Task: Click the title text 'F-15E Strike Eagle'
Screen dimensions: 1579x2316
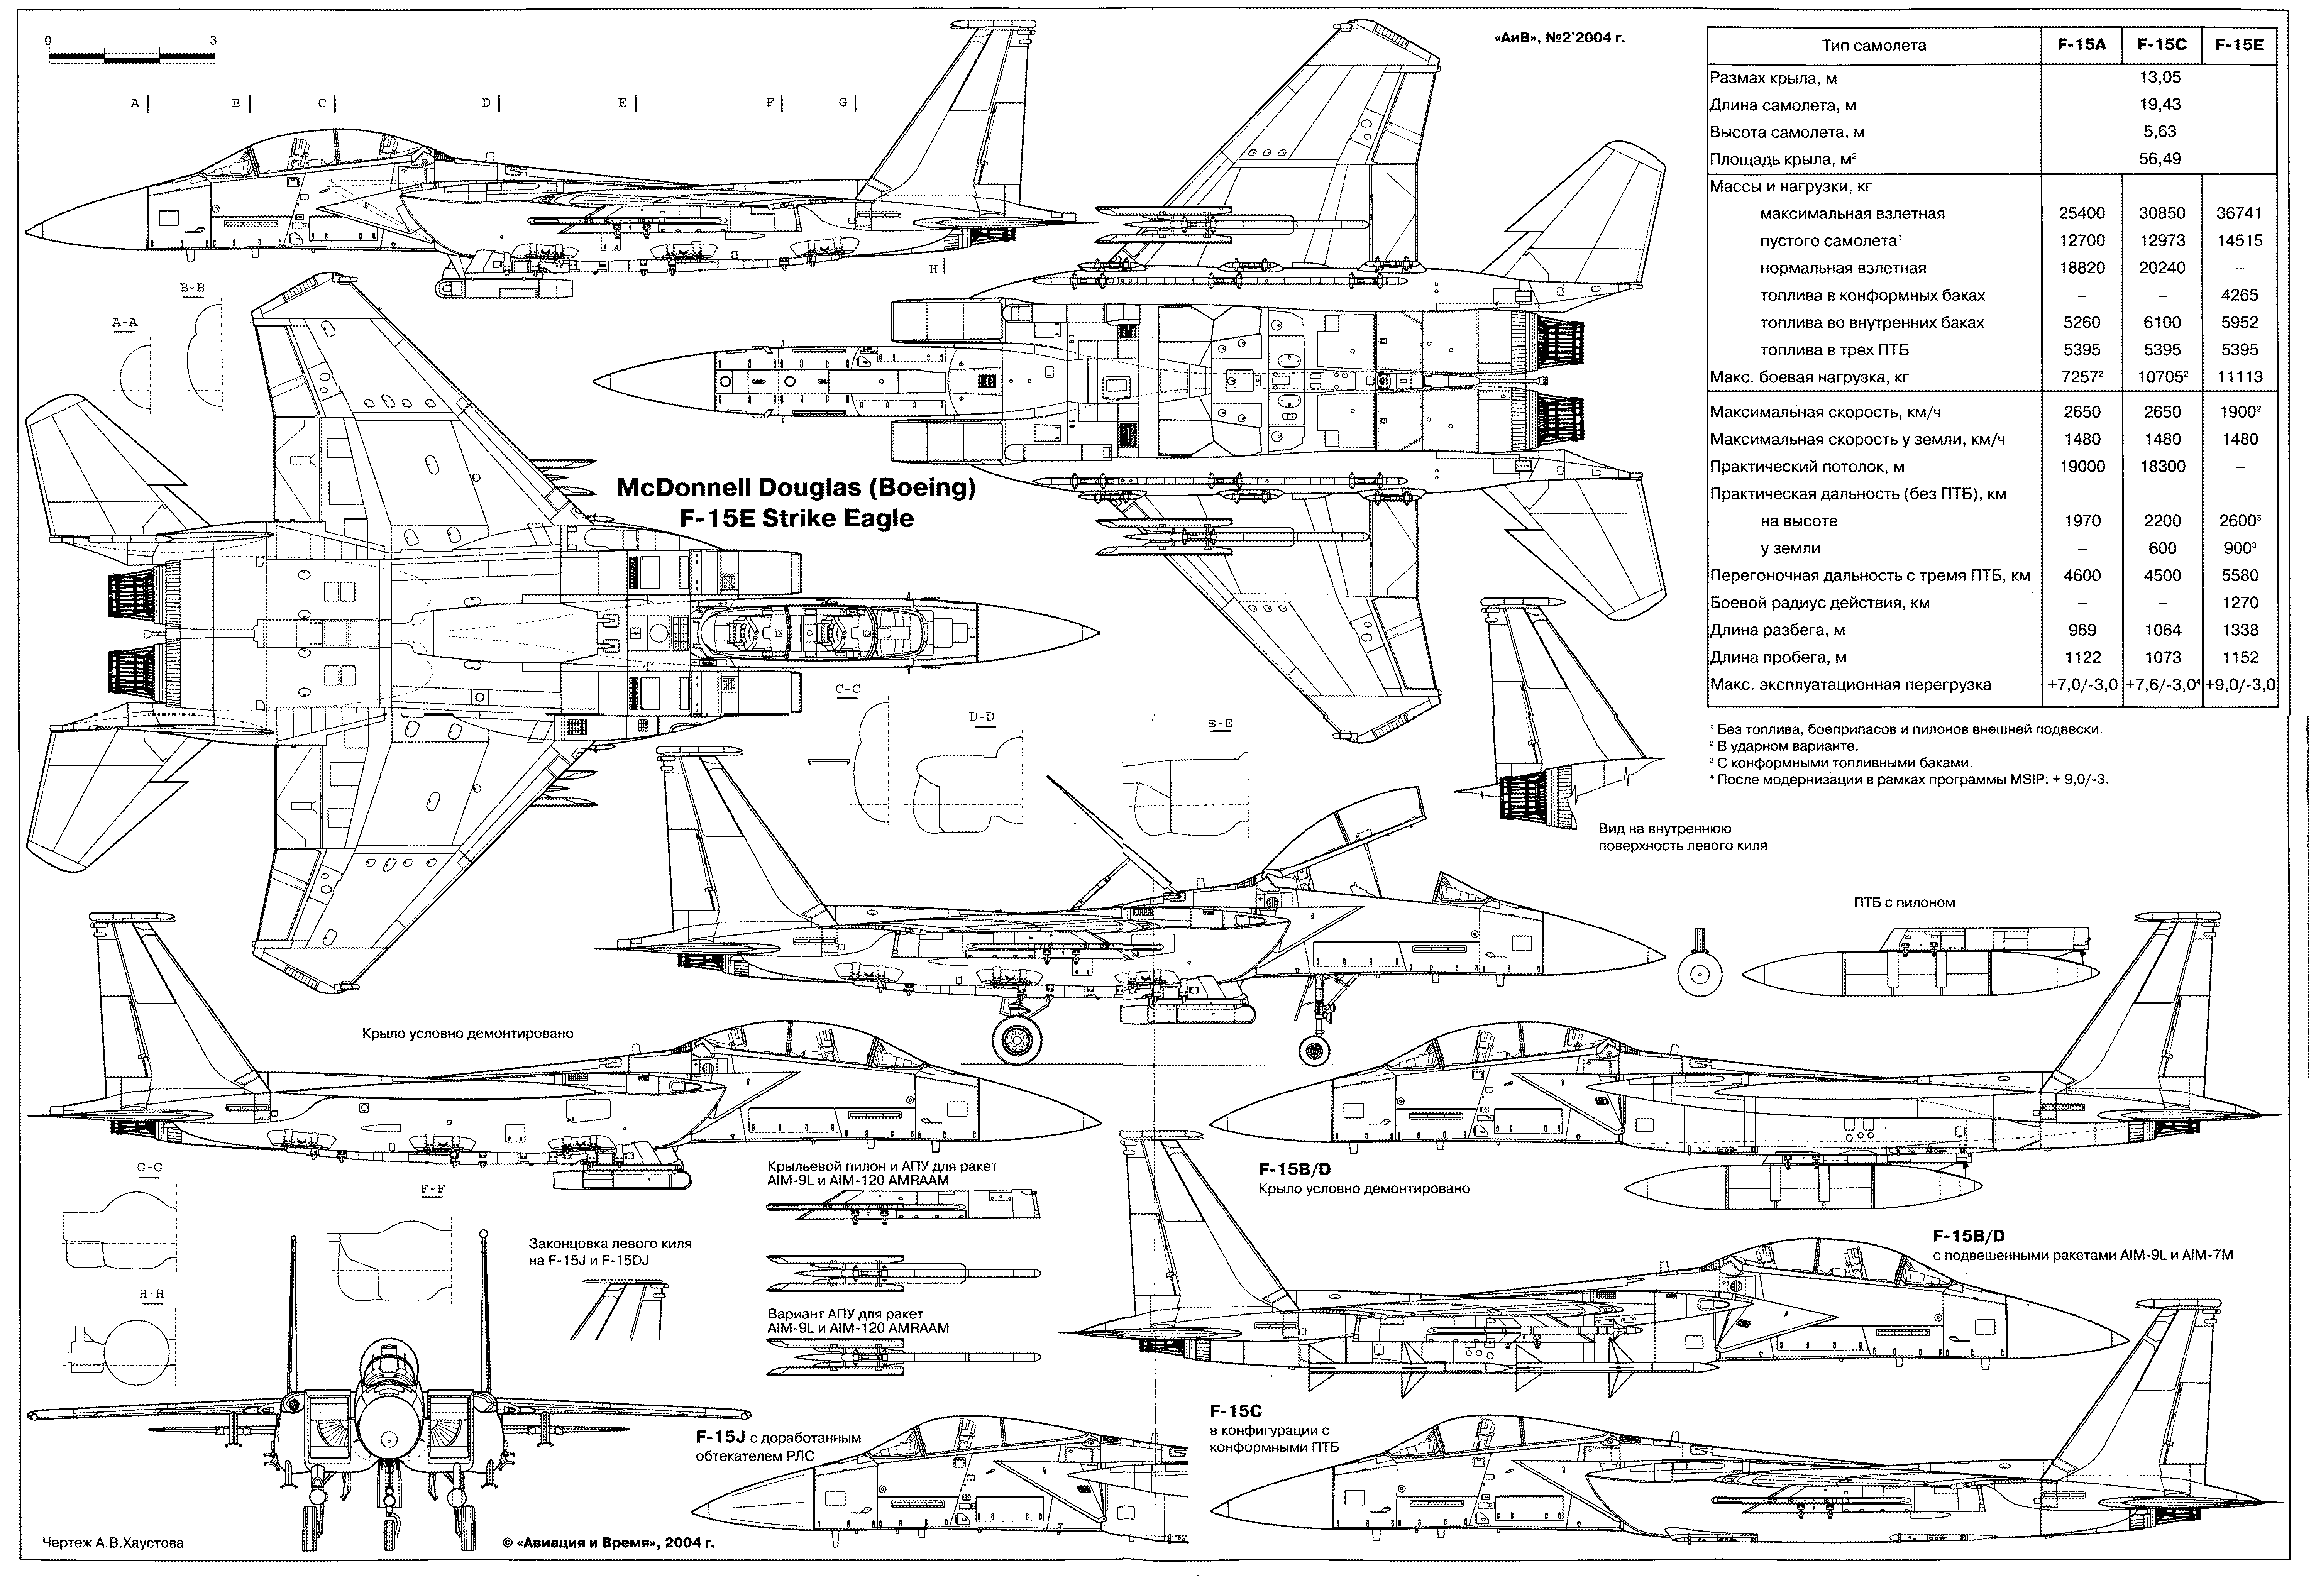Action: [x=795, y=518]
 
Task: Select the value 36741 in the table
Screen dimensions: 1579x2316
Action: [x=2239, y=213]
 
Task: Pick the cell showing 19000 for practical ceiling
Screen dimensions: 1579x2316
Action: [x=2082, y=466]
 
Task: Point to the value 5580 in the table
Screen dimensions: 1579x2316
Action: [x=2239, y=576]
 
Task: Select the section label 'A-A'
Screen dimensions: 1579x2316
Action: [x=125, y=323]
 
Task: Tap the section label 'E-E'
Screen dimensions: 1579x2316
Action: [x=1220, y=724]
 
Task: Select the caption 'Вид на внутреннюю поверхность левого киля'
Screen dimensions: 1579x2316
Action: [x=1682, y=837]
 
